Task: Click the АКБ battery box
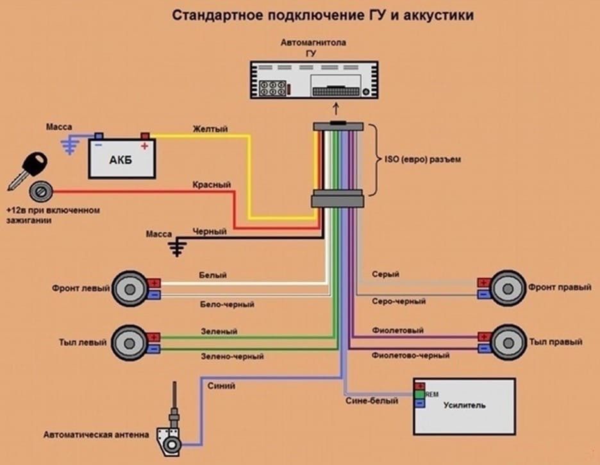tap(122, 158)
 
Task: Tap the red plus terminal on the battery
tap(145, 136)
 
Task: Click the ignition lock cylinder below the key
tap(40, 191)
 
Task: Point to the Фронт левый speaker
tap(129, 289)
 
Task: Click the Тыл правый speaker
tap(508, 342)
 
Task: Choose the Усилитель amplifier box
tap(464, 407)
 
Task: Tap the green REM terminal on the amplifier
tap(420, 394)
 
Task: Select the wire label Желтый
tap(210, 128)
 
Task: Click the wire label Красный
tap(212, 185)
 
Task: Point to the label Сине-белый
tap(372, 401)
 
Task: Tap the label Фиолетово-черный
tap(410, 355)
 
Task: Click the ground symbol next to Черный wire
tap(177, 248)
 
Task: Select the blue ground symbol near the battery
tap(70, 146)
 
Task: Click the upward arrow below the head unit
tap(336, 108)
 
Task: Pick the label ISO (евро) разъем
tap(422, 159)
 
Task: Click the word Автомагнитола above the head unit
tap(313, 42)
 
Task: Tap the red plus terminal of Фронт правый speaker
tap(484, 283)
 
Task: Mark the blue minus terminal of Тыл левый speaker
tap(154, 349)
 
